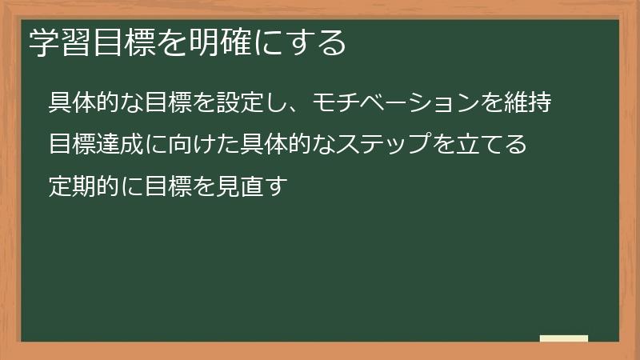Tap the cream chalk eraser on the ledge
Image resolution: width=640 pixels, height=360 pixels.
pyautogui.click(x=564, y=338)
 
